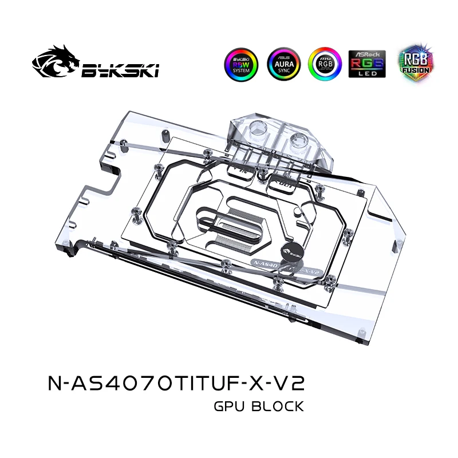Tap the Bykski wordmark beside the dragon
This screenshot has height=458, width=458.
(x=120, y=70)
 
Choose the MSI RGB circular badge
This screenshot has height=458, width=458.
(x=325, y=64)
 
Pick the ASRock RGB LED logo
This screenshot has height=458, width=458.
(x=366, y=64)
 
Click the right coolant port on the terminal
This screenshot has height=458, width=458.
(x=303, y=137)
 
